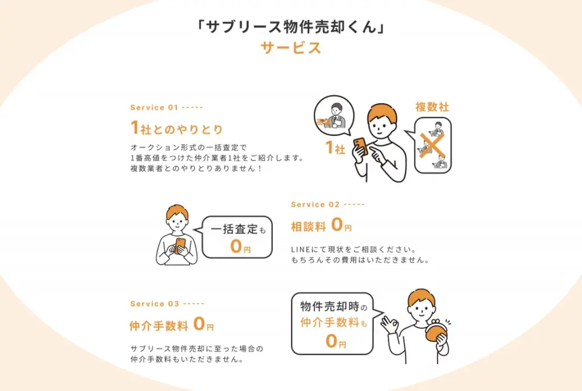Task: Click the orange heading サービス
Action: click(291, 48)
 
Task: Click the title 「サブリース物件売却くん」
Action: click(291, 27)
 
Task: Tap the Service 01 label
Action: click(155, 107)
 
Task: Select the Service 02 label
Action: click(315, 204)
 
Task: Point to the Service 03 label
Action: click(155, 304)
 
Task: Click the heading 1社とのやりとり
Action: click(177, 128)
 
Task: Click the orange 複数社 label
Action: click(433, 107)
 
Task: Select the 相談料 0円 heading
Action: click(321, 226)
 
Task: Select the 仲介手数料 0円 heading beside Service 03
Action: click(171, 326)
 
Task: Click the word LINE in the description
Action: click(300, 250)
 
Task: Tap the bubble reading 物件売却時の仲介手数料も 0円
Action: click(332, 323)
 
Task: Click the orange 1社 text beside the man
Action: click(335, 149)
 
